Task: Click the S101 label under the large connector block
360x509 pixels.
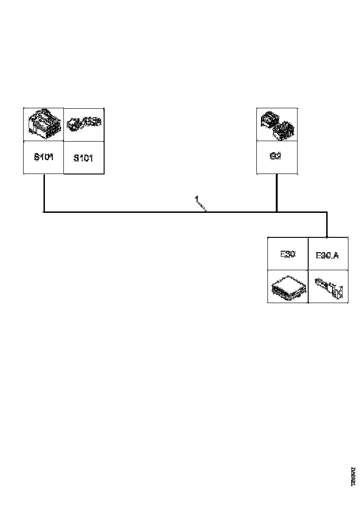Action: pos(44,157)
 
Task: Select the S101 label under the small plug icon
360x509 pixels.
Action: pos(83,158)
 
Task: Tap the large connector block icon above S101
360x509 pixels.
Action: pos(43,124)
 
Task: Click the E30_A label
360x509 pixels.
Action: pos(327,255)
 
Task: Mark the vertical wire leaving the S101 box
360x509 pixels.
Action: pos(43,192)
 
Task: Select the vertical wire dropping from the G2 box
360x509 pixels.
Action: pos(277,192)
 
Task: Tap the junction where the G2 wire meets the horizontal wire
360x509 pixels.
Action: pos(277,212)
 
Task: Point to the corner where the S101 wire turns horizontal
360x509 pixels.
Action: pos(43,212)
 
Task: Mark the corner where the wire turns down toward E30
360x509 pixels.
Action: pos(327,212)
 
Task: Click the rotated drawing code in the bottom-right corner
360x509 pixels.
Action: pos(353,476)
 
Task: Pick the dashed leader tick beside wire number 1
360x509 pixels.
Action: pos(203,206)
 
